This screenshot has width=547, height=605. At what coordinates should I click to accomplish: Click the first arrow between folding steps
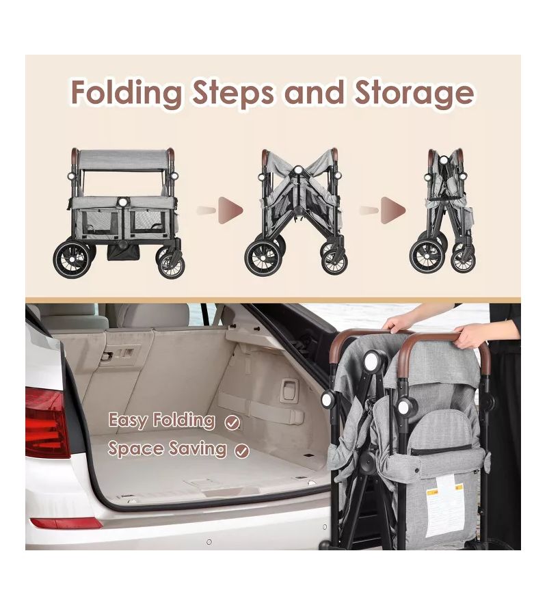220,211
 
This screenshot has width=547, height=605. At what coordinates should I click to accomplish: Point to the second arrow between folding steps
382,211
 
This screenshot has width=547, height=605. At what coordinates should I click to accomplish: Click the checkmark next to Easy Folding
232,423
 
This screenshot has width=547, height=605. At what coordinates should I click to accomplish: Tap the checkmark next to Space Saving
242,451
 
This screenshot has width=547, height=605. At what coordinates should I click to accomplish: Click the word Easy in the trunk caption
127,420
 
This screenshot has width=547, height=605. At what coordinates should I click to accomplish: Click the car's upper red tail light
46,422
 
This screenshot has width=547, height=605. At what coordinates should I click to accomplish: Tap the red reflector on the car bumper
66,523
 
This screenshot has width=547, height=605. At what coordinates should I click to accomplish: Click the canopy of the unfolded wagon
123,160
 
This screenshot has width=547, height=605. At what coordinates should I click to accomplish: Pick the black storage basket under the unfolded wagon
123,252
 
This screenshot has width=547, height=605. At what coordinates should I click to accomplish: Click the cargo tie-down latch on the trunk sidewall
288,390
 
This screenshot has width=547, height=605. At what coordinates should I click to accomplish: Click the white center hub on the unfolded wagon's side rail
123,202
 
